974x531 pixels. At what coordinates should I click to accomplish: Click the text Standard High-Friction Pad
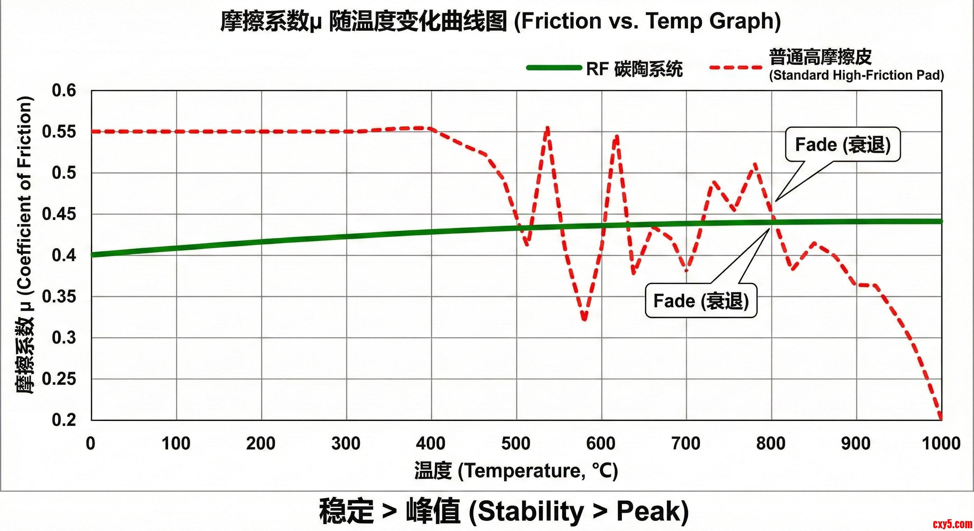(856, 75)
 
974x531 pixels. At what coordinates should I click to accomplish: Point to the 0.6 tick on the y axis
(64, 91)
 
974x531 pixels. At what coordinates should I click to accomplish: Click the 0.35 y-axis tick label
(59, 297)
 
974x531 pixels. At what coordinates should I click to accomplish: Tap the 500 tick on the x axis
(516, 443)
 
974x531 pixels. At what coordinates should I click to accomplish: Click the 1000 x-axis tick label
(941, 443)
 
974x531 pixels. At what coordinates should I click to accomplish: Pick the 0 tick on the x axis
(91, 443)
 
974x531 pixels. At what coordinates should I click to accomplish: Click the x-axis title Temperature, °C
(516, 471)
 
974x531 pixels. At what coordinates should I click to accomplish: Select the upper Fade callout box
(843, 145)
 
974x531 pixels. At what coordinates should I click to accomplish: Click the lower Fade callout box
(701, 301)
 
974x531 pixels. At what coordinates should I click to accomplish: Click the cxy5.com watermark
(952, 524)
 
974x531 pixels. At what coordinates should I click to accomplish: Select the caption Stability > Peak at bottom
(504, 511)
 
